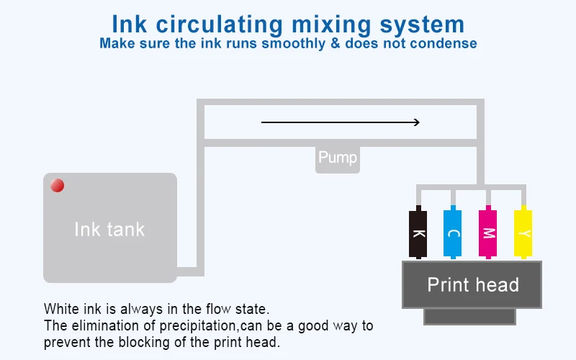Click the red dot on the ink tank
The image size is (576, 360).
[x=58, y=186]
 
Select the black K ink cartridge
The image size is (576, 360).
[x=418, y=232]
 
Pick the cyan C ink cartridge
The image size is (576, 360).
[x=453, y=232]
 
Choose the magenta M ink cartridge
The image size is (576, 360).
[x=488, y=232]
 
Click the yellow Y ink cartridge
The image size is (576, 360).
[x=523, y=232]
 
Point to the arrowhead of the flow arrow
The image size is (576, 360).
[x=418, y=122]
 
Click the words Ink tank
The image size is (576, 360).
[x=109, y=230]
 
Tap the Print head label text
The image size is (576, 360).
[x=473, y=284]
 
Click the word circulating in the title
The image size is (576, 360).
[x=220, y=25]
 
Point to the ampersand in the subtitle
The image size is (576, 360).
[x=336, y=43]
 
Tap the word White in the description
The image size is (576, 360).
[x=62, y=309]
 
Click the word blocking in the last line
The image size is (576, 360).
[x=145, y=343]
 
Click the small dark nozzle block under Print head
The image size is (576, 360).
[x=470, y=317]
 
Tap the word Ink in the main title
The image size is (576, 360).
[x=130, y=24]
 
